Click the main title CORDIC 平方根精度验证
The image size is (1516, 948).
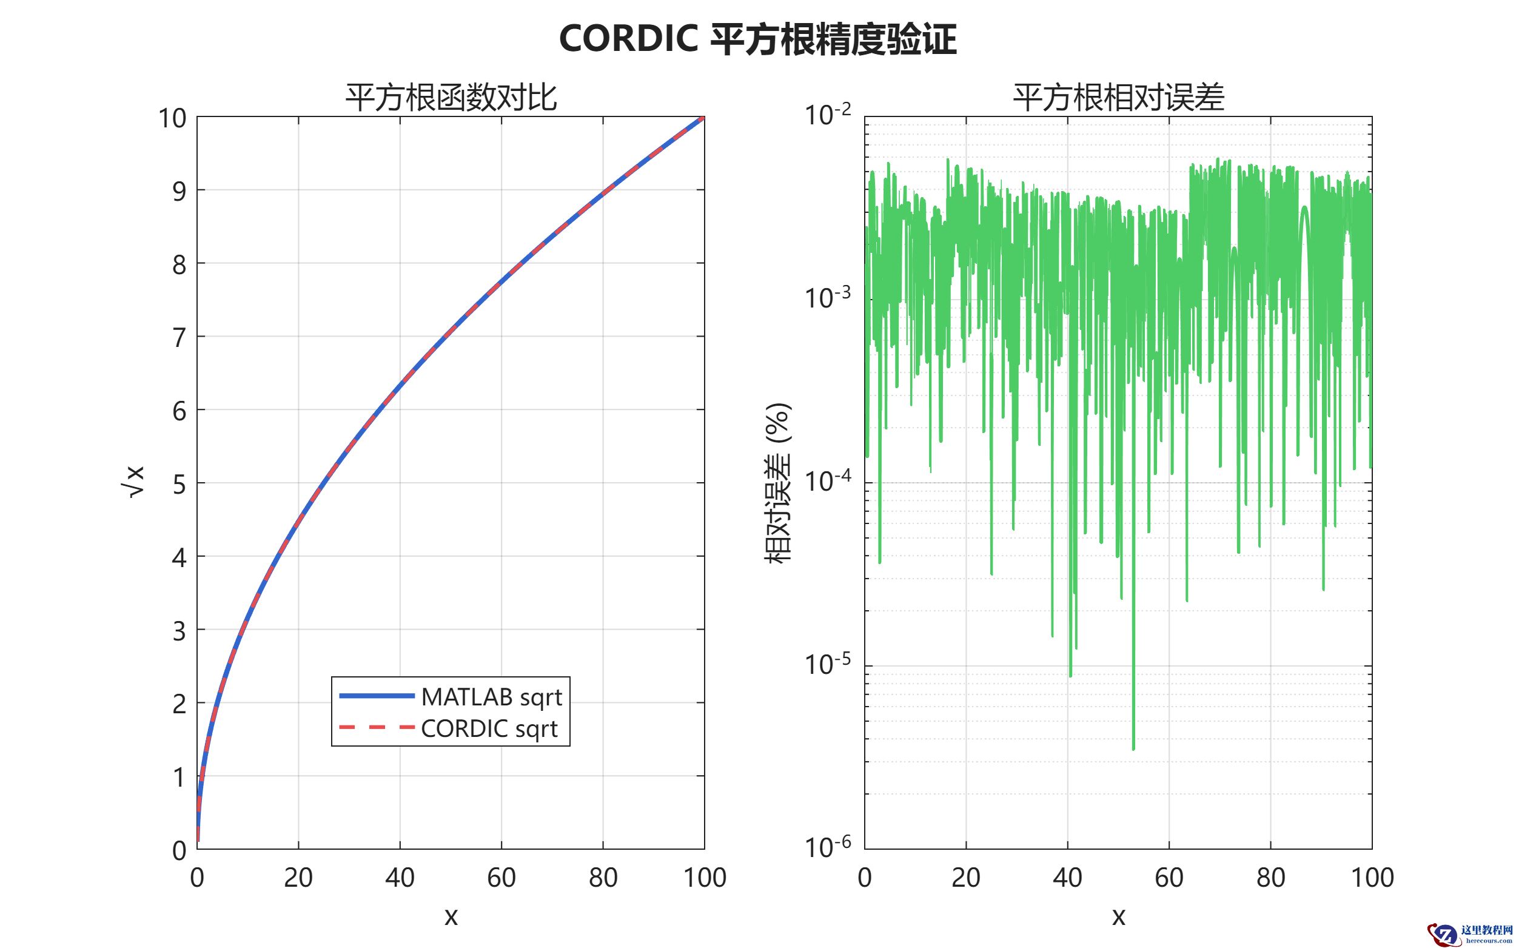tap(757, 39)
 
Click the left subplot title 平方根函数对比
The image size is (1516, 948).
tap(451, 98)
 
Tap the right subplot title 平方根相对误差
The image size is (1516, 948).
tap(1118, 98)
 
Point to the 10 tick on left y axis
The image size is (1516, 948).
tap(172, 118)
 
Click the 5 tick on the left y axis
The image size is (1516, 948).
tap(179, 484)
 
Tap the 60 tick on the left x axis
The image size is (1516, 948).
tap(501, 878)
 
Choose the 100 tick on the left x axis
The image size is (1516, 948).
tap(705, 878)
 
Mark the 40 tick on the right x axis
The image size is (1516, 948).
tap(1067, 878)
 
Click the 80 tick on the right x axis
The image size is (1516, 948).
tap(1270, 878)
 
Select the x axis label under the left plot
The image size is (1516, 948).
tap(451, 917)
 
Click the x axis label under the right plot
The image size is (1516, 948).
tap(1118, 917)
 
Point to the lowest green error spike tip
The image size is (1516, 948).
tap(1133, 748)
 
